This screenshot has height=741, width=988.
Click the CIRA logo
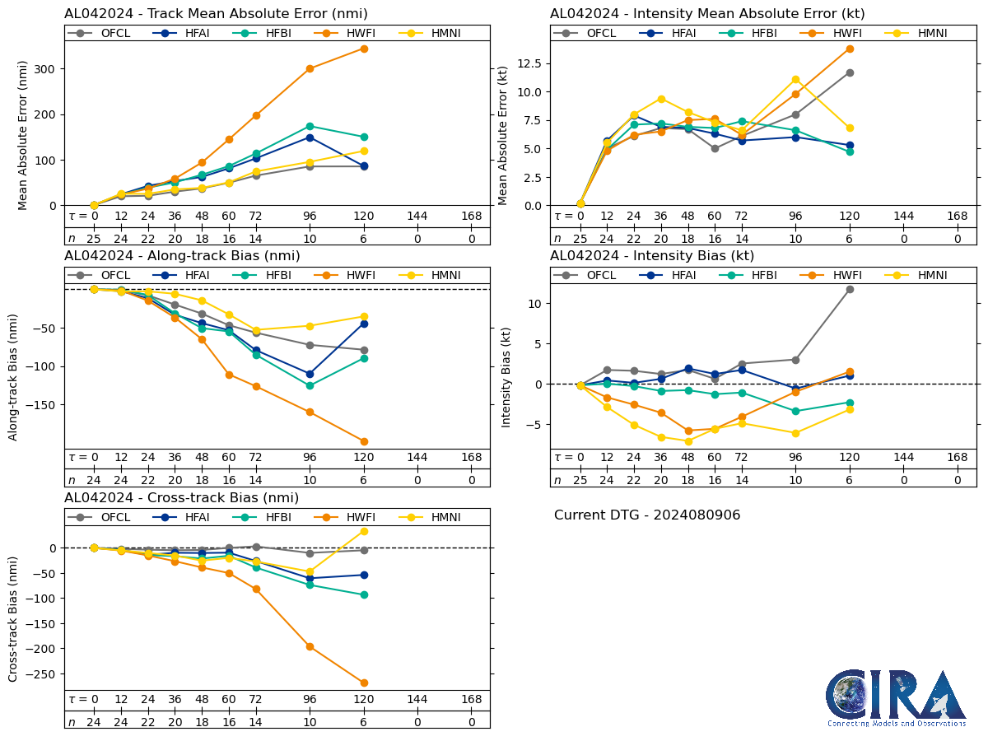[x=897, y=697]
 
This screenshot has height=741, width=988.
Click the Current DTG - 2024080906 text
[x=647, y=515]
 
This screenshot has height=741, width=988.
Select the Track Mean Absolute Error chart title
[x=216, y=14]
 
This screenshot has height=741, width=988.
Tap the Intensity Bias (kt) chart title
[x=652, y=256]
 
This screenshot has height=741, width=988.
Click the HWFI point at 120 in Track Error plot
[x=364, y=49]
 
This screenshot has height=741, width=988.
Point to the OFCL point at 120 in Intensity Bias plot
[x=850, y=289]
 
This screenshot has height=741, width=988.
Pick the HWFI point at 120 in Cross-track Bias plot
[x=364, y=683]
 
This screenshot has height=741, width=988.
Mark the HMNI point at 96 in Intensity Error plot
[x=795, y=80]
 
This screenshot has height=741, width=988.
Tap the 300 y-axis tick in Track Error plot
[x=49, y=69]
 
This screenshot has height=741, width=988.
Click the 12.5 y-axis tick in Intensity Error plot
[x=533, y=63]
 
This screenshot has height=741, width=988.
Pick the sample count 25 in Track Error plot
[x=94, y=239]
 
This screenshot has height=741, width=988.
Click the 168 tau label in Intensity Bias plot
[x=958, y=458]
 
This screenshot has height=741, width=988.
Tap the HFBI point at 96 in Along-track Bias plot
[x=310, y=385]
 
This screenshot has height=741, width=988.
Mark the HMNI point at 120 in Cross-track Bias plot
[x=364, y=531]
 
